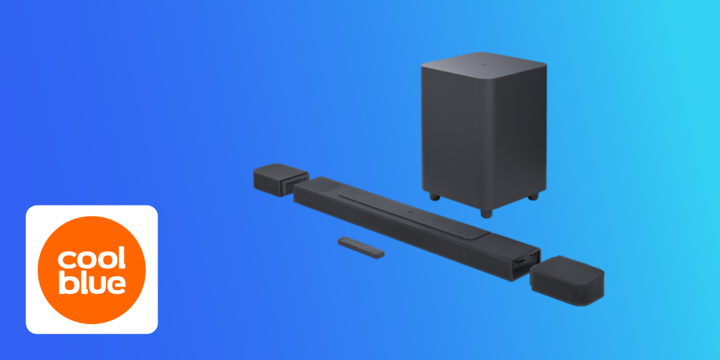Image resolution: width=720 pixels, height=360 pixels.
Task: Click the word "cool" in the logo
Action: click(x=92, y=259)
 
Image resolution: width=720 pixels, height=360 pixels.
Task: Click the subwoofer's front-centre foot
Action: click(x=486, y=213)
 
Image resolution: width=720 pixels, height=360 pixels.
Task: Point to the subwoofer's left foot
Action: click(x=435, y=196)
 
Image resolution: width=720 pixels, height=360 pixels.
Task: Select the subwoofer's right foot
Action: click(x=533, y=196)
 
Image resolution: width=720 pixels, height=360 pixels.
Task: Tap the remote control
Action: click(x=361, y=247)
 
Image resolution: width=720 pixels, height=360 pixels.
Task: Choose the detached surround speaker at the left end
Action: click(x=281, y=179)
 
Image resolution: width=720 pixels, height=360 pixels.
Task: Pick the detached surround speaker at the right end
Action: click(x=567, y=280)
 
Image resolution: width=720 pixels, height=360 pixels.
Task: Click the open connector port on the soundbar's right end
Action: click(x=526, y=264)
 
